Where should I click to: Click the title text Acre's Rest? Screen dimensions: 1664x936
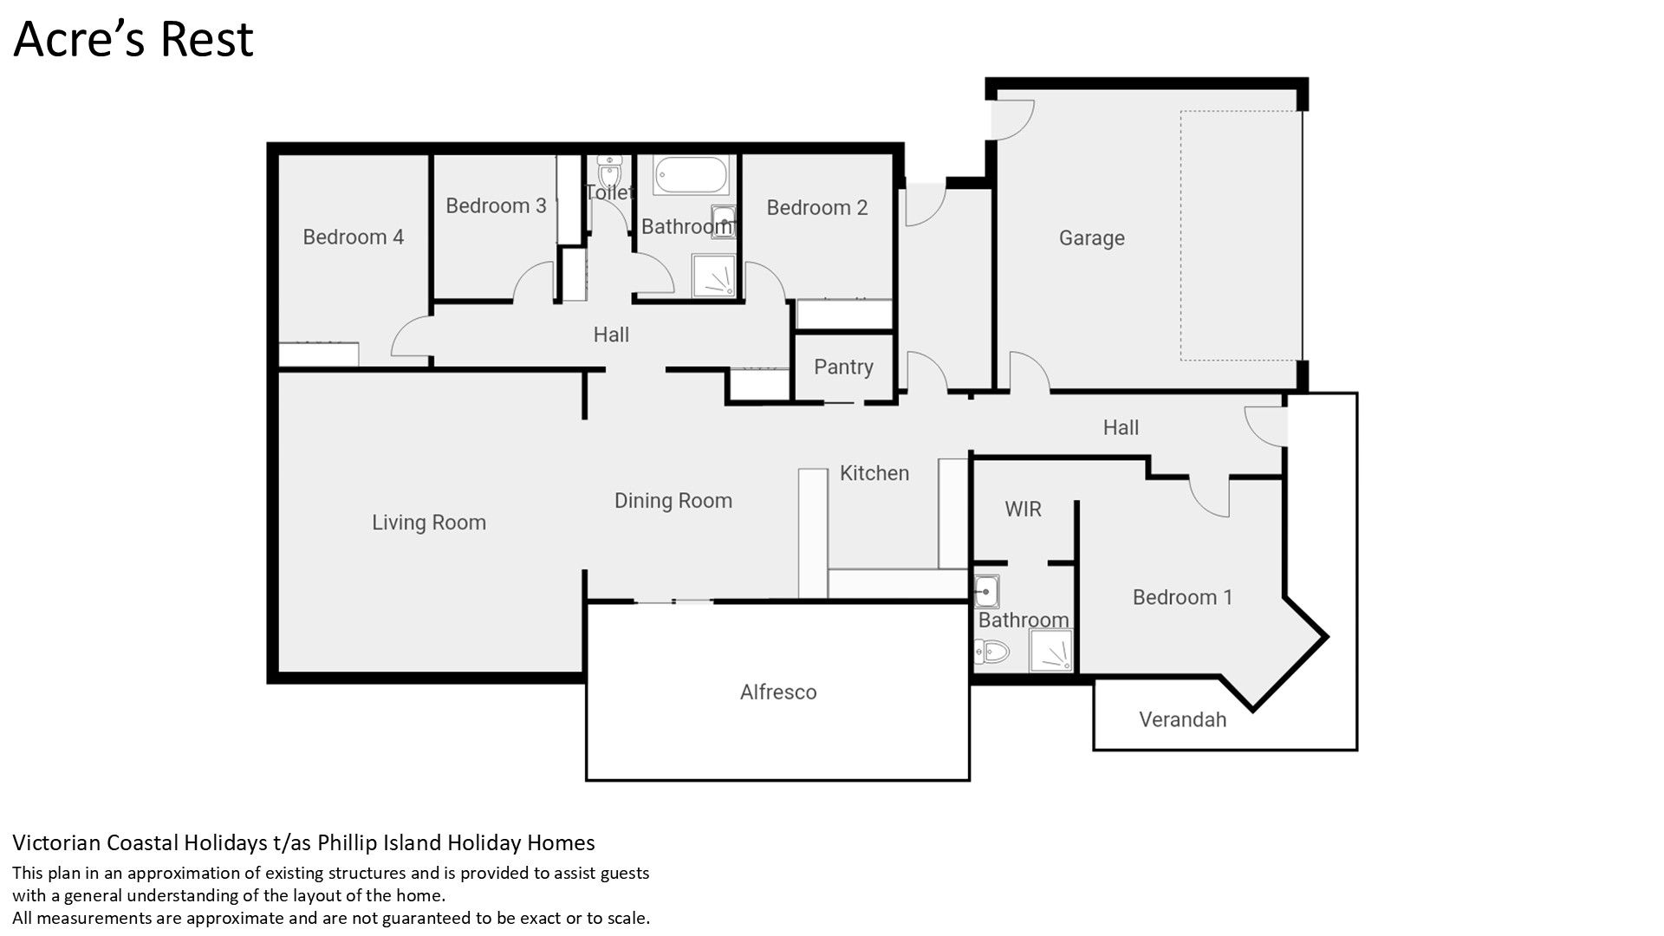[133, 39]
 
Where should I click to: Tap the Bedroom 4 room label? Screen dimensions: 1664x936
[353, 237]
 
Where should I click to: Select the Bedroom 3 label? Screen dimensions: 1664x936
[496, 205]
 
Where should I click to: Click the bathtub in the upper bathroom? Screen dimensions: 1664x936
[691, 176]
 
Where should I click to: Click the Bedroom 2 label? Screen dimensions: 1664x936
[817, 207]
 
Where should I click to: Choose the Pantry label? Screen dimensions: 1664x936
[843, 367]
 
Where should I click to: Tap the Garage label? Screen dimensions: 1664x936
[1092, 237]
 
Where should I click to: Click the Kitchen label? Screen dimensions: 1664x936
[874, 473]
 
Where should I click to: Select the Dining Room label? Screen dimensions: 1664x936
[673, 501]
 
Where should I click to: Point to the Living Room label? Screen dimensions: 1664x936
[429, 523]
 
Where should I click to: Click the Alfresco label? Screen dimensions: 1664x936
[778, 692]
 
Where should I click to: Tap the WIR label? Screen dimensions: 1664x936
[1023, 509]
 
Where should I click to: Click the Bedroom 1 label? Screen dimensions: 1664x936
[1182, 597]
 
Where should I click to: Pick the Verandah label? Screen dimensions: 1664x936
[1182, 719]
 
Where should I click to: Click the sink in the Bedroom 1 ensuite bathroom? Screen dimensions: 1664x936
[986, 591]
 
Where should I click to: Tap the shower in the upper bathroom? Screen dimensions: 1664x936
[714, 276]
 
